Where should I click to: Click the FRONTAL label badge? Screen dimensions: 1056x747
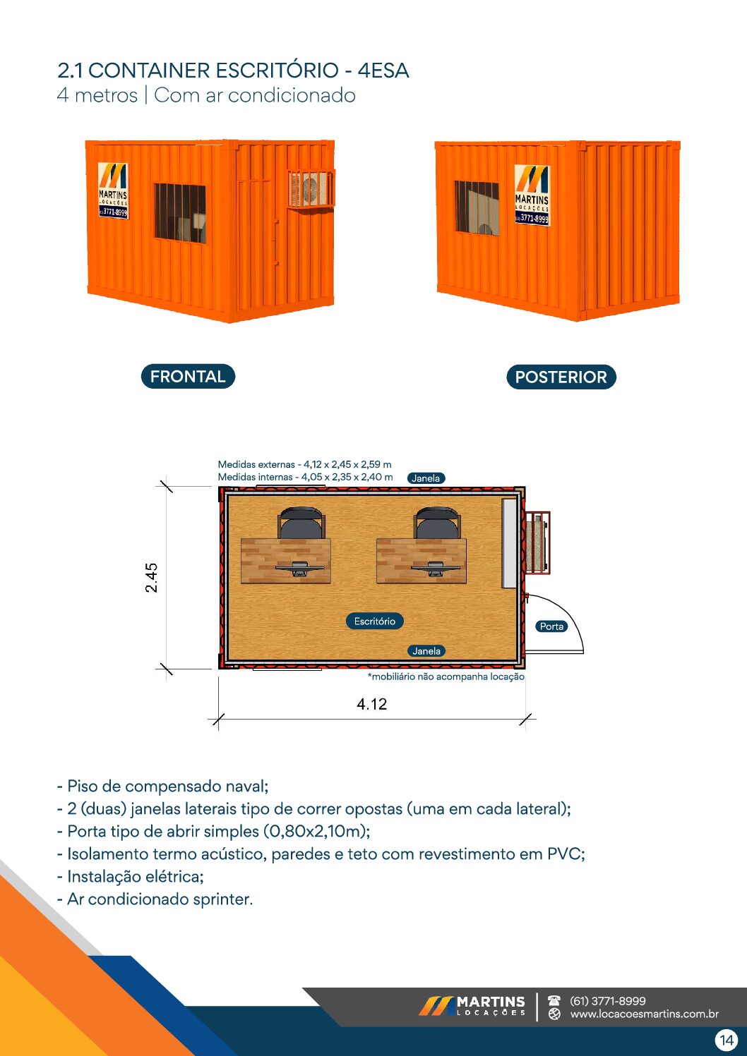(187, 377)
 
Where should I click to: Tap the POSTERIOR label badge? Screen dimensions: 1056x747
(561, 377)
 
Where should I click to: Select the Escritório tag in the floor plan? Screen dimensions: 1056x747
(374, 621)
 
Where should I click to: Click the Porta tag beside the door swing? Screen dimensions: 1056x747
(551, 626)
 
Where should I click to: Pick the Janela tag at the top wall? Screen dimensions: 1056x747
(426, 478)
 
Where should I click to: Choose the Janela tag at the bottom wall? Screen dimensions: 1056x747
(426, 651)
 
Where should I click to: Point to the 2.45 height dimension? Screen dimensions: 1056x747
(152, 577)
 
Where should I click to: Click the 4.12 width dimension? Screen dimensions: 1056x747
(371, 704)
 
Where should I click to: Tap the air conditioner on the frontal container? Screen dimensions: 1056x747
(311, 189)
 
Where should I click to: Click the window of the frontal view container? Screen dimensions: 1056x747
(180, 212)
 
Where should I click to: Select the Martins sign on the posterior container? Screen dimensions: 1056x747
(532, 194)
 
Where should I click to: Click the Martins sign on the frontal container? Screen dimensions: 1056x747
(113, 190)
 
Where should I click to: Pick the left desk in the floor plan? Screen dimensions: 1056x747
(286, 561)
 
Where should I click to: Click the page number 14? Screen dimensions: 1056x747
(726, 1040)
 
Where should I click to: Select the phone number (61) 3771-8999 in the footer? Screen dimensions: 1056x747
(607, 1001)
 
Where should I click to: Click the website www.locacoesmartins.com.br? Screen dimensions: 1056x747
(644, 1014)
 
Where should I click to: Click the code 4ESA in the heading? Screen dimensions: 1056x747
(383, 71)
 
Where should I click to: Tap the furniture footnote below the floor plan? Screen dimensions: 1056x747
(446, 676)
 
